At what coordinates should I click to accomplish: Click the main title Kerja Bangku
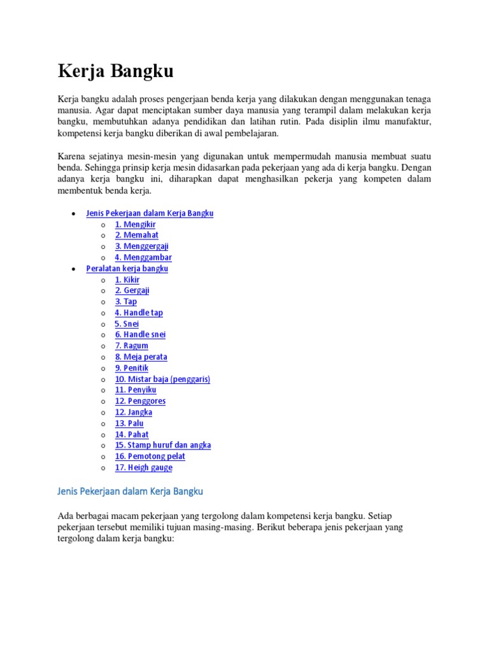115,71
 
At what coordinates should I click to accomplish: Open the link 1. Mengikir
135,224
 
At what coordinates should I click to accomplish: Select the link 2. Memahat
136,235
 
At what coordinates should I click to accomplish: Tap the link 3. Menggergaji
141,246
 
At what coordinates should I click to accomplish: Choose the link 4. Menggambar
143,257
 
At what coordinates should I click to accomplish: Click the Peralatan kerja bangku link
127,269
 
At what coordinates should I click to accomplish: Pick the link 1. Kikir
127,280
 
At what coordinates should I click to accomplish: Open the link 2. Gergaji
132,290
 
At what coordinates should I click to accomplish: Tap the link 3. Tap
125,301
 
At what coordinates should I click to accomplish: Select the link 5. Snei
127,323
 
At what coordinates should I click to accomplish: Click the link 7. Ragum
131,346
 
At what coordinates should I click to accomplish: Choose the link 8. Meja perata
141,357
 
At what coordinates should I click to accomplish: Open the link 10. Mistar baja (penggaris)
162,379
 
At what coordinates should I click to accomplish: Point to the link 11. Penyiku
135,390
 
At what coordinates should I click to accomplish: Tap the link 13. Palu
129,423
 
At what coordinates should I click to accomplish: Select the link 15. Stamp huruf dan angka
162,445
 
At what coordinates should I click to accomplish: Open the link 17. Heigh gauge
143,467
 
